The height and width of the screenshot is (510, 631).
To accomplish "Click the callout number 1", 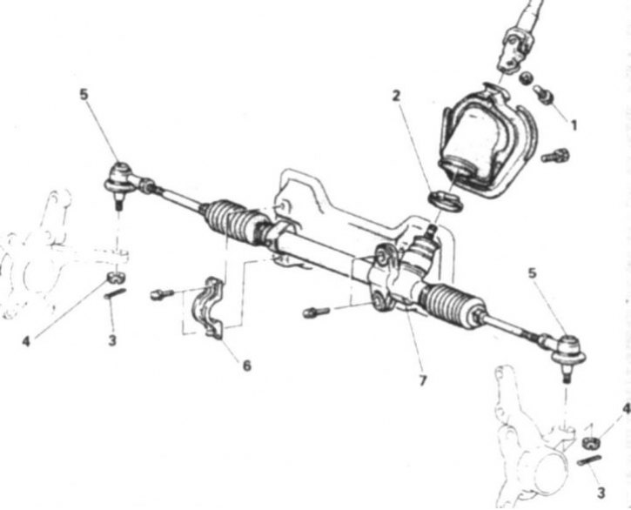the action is click(x=574, y=125).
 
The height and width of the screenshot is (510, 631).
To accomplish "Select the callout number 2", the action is click(x=396, y=96).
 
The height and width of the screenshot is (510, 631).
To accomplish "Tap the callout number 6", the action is click(x=246, y=365).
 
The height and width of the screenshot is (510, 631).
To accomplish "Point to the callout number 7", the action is click(x=422, y=380).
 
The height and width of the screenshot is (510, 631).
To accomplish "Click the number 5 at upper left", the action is click(x=84, y=95).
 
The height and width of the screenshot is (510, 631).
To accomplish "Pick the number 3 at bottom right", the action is click(x=601, y=493).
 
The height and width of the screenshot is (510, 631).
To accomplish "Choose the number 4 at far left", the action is click(x=26, y=341).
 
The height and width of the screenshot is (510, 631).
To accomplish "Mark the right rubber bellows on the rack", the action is click(x=452, y=305).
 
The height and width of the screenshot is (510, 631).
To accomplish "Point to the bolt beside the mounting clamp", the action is click(x=162, y=294).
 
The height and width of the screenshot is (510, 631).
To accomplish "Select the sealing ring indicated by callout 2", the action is click(x=446, y=201).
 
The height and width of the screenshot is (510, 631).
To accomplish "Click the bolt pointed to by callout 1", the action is click(x=544, y=94).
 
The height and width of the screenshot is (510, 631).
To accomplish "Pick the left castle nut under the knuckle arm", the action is click(x=116, y=277).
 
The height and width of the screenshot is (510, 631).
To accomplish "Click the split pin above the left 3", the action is click(x=115, y=293).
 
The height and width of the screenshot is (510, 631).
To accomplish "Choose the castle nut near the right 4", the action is click(x=591, y=442).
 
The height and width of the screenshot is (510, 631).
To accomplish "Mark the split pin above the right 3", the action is click(x=588, y=460).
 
